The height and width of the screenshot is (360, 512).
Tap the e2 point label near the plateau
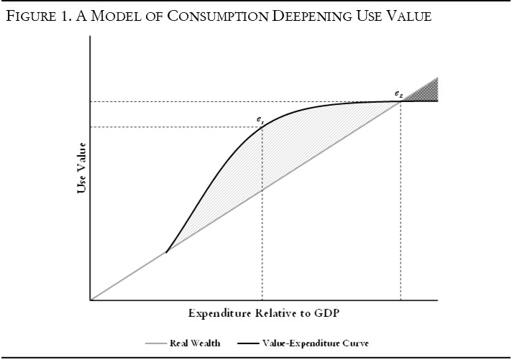pos(398,94)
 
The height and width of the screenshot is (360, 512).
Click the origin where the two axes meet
pos(91,300)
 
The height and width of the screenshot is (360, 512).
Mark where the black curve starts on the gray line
pos(166,251)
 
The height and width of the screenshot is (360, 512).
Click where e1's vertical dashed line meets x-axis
pos(262,300)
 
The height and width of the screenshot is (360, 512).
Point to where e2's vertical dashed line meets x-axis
pos(401,300)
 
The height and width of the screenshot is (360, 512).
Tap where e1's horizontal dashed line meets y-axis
pos(91,127)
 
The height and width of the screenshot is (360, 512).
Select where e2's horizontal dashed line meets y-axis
pos(91,101)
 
